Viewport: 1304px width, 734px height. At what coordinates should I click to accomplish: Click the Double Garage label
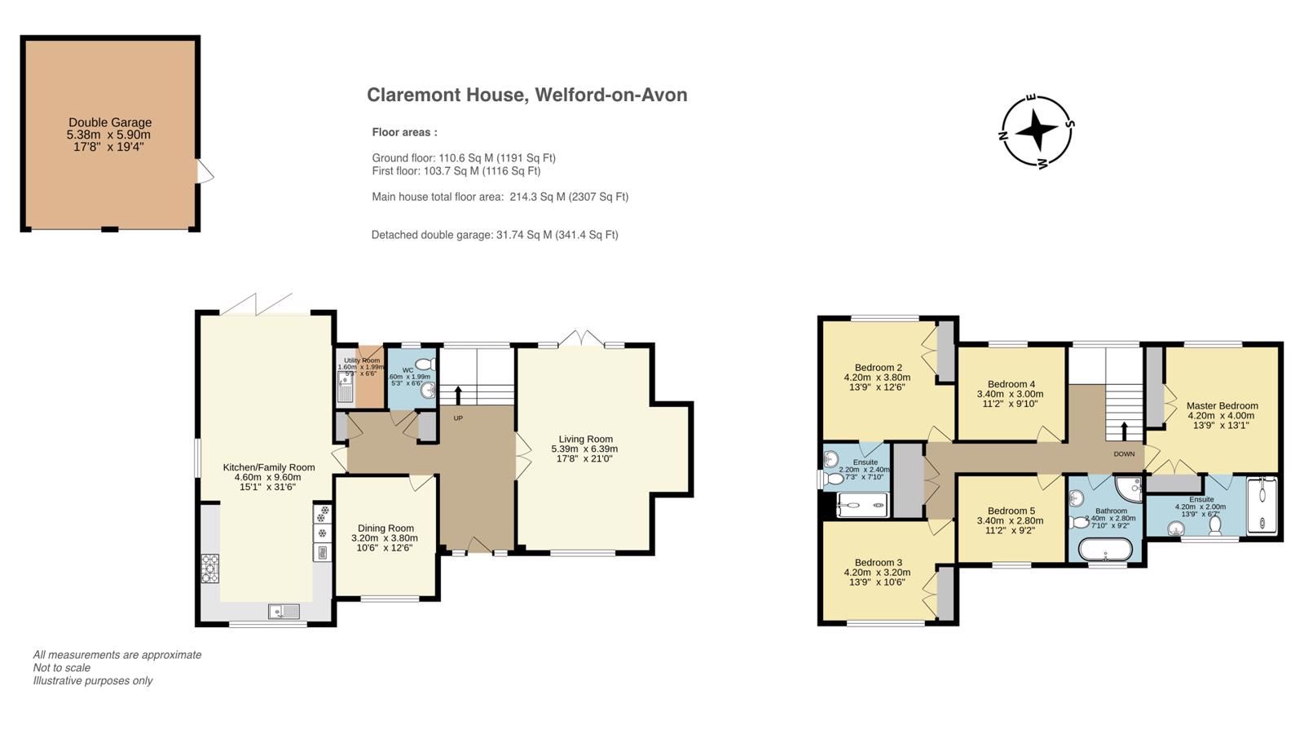click(109, 123)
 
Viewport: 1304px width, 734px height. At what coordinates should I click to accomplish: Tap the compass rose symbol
click(1036, 130)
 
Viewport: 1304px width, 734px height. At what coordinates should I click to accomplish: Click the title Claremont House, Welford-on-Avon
click(526, 95)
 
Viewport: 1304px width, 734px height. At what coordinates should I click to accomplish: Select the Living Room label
click(585, 439)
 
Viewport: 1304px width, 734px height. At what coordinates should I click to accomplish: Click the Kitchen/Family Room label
click(269, 467)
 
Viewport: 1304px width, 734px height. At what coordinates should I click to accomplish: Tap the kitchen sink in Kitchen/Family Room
click(283, 611)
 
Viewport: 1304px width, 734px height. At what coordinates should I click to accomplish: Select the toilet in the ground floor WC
click(425, 365)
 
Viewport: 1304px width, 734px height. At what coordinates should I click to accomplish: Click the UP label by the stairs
click(458, 418)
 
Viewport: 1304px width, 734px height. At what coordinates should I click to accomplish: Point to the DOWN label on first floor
click(1124, 453)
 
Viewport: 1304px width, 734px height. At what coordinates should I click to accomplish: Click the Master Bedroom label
click(1222, 405)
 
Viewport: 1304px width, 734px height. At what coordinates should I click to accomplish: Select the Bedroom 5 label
click(1010, 511)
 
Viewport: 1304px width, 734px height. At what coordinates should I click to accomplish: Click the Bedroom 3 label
click(878, 563)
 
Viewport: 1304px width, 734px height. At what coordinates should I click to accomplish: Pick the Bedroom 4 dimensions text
click(1011, 399)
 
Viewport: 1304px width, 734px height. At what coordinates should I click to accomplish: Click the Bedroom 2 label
click(878, 368)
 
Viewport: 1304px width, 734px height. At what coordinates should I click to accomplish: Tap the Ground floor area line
click(463, 158)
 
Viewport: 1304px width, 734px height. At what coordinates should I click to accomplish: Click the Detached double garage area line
click(494, 235)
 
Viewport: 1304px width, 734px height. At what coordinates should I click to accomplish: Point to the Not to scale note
click(62, 668)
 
